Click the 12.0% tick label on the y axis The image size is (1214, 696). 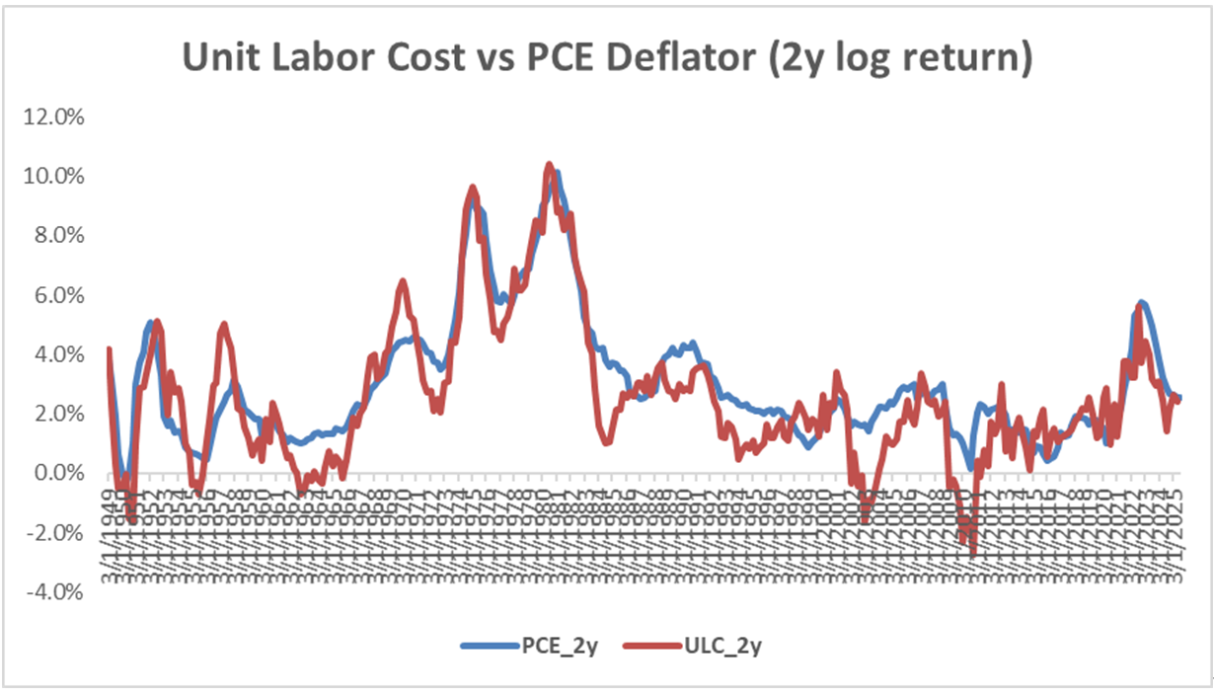56,116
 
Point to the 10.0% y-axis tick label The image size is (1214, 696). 56,176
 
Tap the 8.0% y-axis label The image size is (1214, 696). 60,235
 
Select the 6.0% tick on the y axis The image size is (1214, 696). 60,294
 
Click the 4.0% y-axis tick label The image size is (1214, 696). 60,353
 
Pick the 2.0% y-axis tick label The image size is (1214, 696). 60,413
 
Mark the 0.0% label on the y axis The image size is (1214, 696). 60,473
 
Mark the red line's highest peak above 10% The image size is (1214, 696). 550,164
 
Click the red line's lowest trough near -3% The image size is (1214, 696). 973,557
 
